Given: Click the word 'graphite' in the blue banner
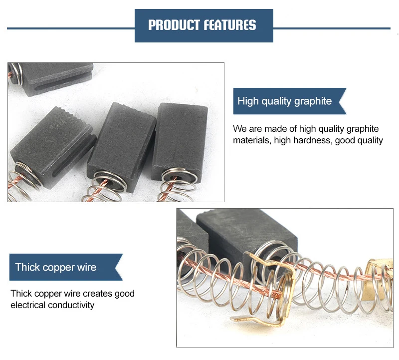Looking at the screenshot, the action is click(x=313, y=101).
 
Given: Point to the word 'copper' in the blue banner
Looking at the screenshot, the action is click(x=57, y=267).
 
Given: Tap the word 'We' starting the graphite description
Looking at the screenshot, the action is click(x=240, y=129).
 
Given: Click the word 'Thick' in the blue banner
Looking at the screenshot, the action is click(x=26, y=267).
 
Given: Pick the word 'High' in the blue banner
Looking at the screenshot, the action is click(x=248, y=101).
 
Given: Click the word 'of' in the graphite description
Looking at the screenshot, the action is click(x=293, y=129).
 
